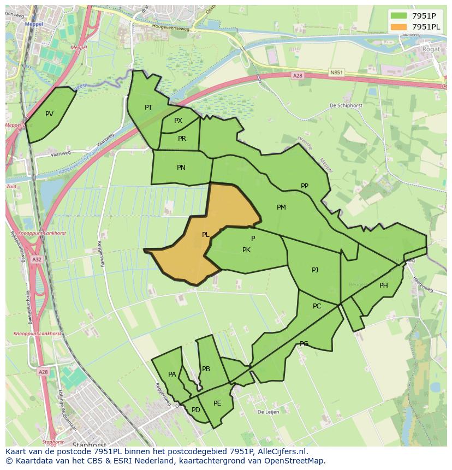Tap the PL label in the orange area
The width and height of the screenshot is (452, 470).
click(x=205, y=235)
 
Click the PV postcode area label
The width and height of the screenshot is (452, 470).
click(x=49, y=114)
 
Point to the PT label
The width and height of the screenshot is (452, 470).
click(x=148, y=108)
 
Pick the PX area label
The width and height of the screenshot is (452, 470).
click(x=178, y=121)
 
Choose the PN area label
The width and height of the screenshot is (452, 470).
click(x=181, y=168)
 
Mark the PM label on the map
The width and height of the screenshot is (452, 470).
click(x=281, y=207)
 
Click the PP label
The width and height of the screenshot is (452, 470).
click(x=305, y=186)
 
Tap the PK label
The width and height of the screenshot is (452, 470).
click(x=246, y=250)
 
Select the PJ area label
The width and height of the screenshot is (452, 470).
click(x=315, y=270)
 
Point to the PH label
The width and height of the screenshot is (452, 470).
click(x=384, y=285)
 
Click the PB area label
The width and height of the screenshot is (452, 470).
click(x=206, y=369)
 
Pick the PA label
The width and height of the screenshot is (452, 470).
click(x=172, y=374)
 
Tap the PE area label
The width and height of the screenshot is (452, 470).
click(x=217, y=403)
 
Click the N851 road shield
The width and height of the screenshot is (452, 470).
click(x=337, y=72)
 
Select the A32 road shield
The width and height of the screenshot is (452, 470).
click(x=36, y=260)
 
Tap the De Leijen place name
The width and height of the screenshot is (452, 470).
click(x=268, y=412)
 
